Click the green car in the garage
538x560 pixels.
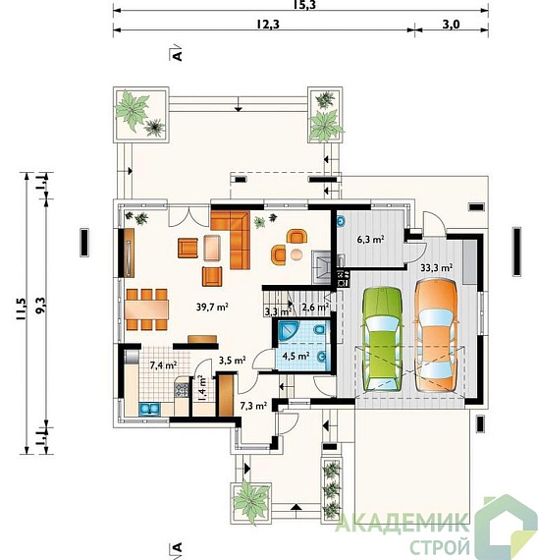tap(382, 339)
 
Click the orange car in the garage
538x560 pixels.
tap(436, 335)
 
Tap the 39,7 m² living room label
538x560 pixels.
tap(212, 307)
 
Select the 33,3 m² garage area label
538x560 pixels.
tap(437, 268)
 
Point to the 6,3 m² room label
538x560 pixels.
tap(370, 239)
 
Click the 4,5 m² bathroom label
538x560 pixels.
tap(296, 356)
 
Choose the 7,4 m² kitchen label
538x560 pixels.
tap(164, 365)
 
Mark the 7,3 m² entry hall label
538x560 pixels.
tap(253, 406)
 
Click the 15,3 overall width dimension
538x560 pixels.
tap(305, 5)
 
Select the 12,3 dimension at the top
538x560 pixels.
tap(268, 25)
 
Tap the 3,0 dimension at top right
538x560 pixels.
tap(452, 25)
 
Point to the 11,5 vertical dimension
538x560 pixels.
tap(21, 308)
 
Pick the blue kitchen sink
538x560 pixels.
tap(149, 410)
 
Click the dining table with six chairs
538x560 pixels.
tap(146, 309)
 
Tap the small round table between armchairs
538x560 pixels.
tap(296, 254)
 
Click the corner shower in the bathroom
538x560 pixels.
tap(289, 330)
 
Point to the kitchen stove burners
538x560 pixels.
tap(181, 390)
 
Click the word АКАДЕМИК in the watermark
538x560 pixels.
tap(402, 523)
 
